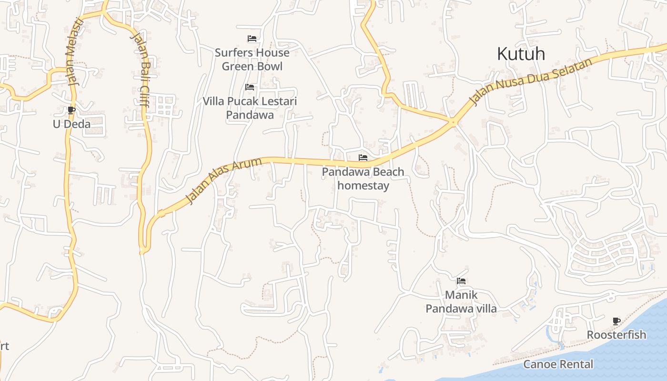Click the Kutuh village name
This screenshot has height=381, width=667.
pos(521,54)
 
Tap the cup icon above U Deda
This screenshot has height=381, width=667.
pos(71,110)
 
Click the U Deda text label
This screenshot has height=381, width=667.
pos(71,124)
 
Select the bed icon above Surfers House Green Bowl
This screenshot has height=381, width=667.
pos(252,39)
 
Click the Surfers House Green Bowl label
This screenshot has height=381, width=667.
pos(252,60)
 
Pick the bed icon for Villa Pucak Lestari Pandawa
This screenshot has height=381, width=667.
pos(250,87)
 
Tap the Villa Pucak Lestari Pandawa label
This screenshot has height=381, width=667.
pos(250,108)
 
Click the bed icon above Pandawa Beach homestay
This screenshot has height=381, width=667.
pos(363,158)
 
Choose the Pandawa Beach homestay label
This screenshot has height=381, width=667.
pos(363,179)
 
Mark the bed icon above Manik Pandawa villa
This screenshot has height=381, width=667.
pos(461,281)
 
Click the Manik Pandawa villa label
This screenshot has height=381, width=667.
pos(461,302)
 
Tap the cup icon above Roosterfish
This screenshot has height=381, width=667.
pos(616,321)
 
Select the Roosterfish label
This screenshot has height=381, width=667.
pos(616,335)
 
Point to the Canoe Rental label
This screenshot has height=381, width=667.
pos(558,364)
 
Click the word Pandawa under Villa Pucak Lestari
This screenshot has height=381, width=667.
pos(250,115)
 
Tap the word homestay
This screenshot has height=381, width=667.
pos(363,186)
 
